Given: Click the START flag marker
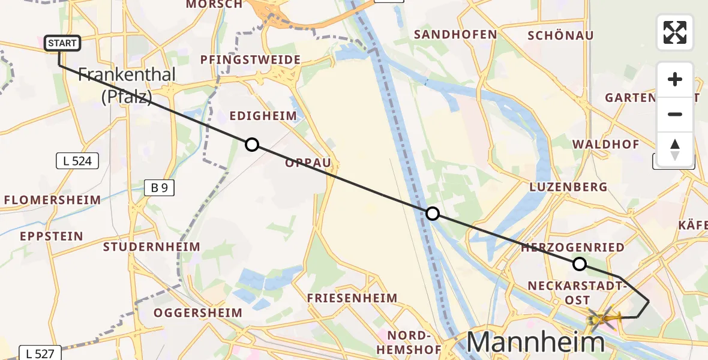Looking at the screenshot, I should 62,43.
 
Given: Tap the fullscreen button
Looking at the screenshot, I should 675,32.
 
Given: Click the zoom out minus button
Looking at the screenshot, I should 675,114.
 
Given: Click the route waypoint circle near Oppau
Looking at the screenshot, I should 252,145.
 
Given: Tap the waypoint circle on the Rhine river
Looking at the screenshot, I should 432,214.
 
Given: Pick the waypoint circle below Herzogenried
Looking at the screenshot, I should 579,263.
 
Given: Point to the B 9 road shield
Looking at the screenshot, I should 159,188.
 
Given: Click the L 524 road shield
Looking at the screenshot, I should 77,161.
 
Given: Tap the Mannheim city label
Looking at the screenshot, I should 535,342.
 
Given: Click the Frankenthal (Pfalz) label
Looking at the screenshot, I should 127,85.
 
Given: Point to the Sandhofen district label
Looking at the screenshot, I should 455,35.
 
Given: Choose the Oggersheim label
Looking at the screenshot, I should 198,313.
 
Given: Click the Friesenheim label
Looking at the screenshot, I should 352,298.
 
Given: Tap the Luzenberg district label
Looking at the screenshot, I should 568,187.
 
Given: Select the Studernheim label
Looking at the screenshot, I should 151,247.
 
